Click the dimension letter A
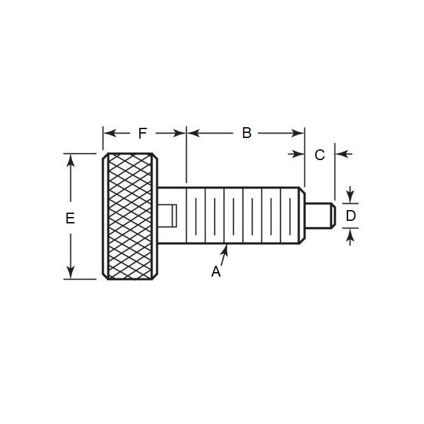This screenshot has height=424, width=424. pyautogui.click(x=216, y=271)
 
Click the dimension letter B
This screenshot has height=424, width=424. pyautogui.click(x=247, y=133)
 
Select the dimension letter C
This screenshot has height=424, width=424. pyautogui.click(x=320, y=154)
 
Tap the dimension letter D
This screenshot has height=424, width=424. pyautogui.click(x=351, y=216)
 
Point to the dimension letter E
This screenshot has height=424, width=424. pyautogui.click(x=70, y=218)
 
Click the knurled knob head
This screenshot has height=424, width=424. pyautogui.click(x=131, y=216)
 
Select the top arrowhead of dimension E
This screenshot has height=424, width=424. pyautogui.click(x=70, y=159)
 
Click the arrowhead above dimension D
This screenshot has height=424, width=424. pyautogui.click(x=351, y=196)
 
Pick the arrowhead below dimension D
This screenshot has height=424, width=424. pyautogui.click(x=351, y=236)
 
